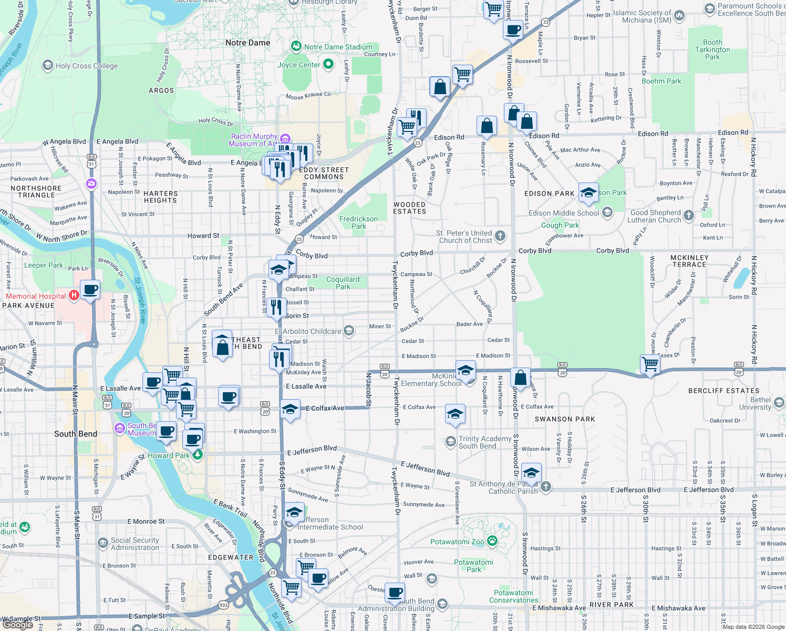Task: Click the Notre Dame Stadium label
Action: point(338,47)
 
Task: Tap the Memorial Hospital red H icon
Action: point(74,295)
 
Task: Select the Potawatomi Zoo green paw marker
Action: point(492,541)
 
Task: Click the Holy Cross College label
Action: point(87,66)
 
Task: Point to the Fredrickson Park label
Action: point(358,222)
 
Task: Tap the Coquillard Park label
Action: point(343,283)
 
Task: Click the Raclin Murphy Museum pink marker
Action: point(285,139)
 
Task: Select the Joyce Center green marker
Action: point(328,64)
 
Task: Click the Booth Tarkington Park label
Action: point(712,49)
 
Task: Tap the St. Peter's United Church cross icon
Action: point(500,236)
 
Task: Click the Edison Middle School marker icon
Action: point(608,212)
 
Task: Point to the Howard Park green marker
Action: point(197,455)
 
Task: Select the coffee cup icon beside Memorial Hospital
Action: point(90,289)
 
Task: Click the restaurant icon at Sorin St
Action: point(276,307)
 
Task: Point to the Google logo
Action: point(17,625)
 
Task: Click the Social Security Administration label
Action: point(135,544)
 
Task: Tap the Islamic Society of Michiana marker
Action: point(679,16)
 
